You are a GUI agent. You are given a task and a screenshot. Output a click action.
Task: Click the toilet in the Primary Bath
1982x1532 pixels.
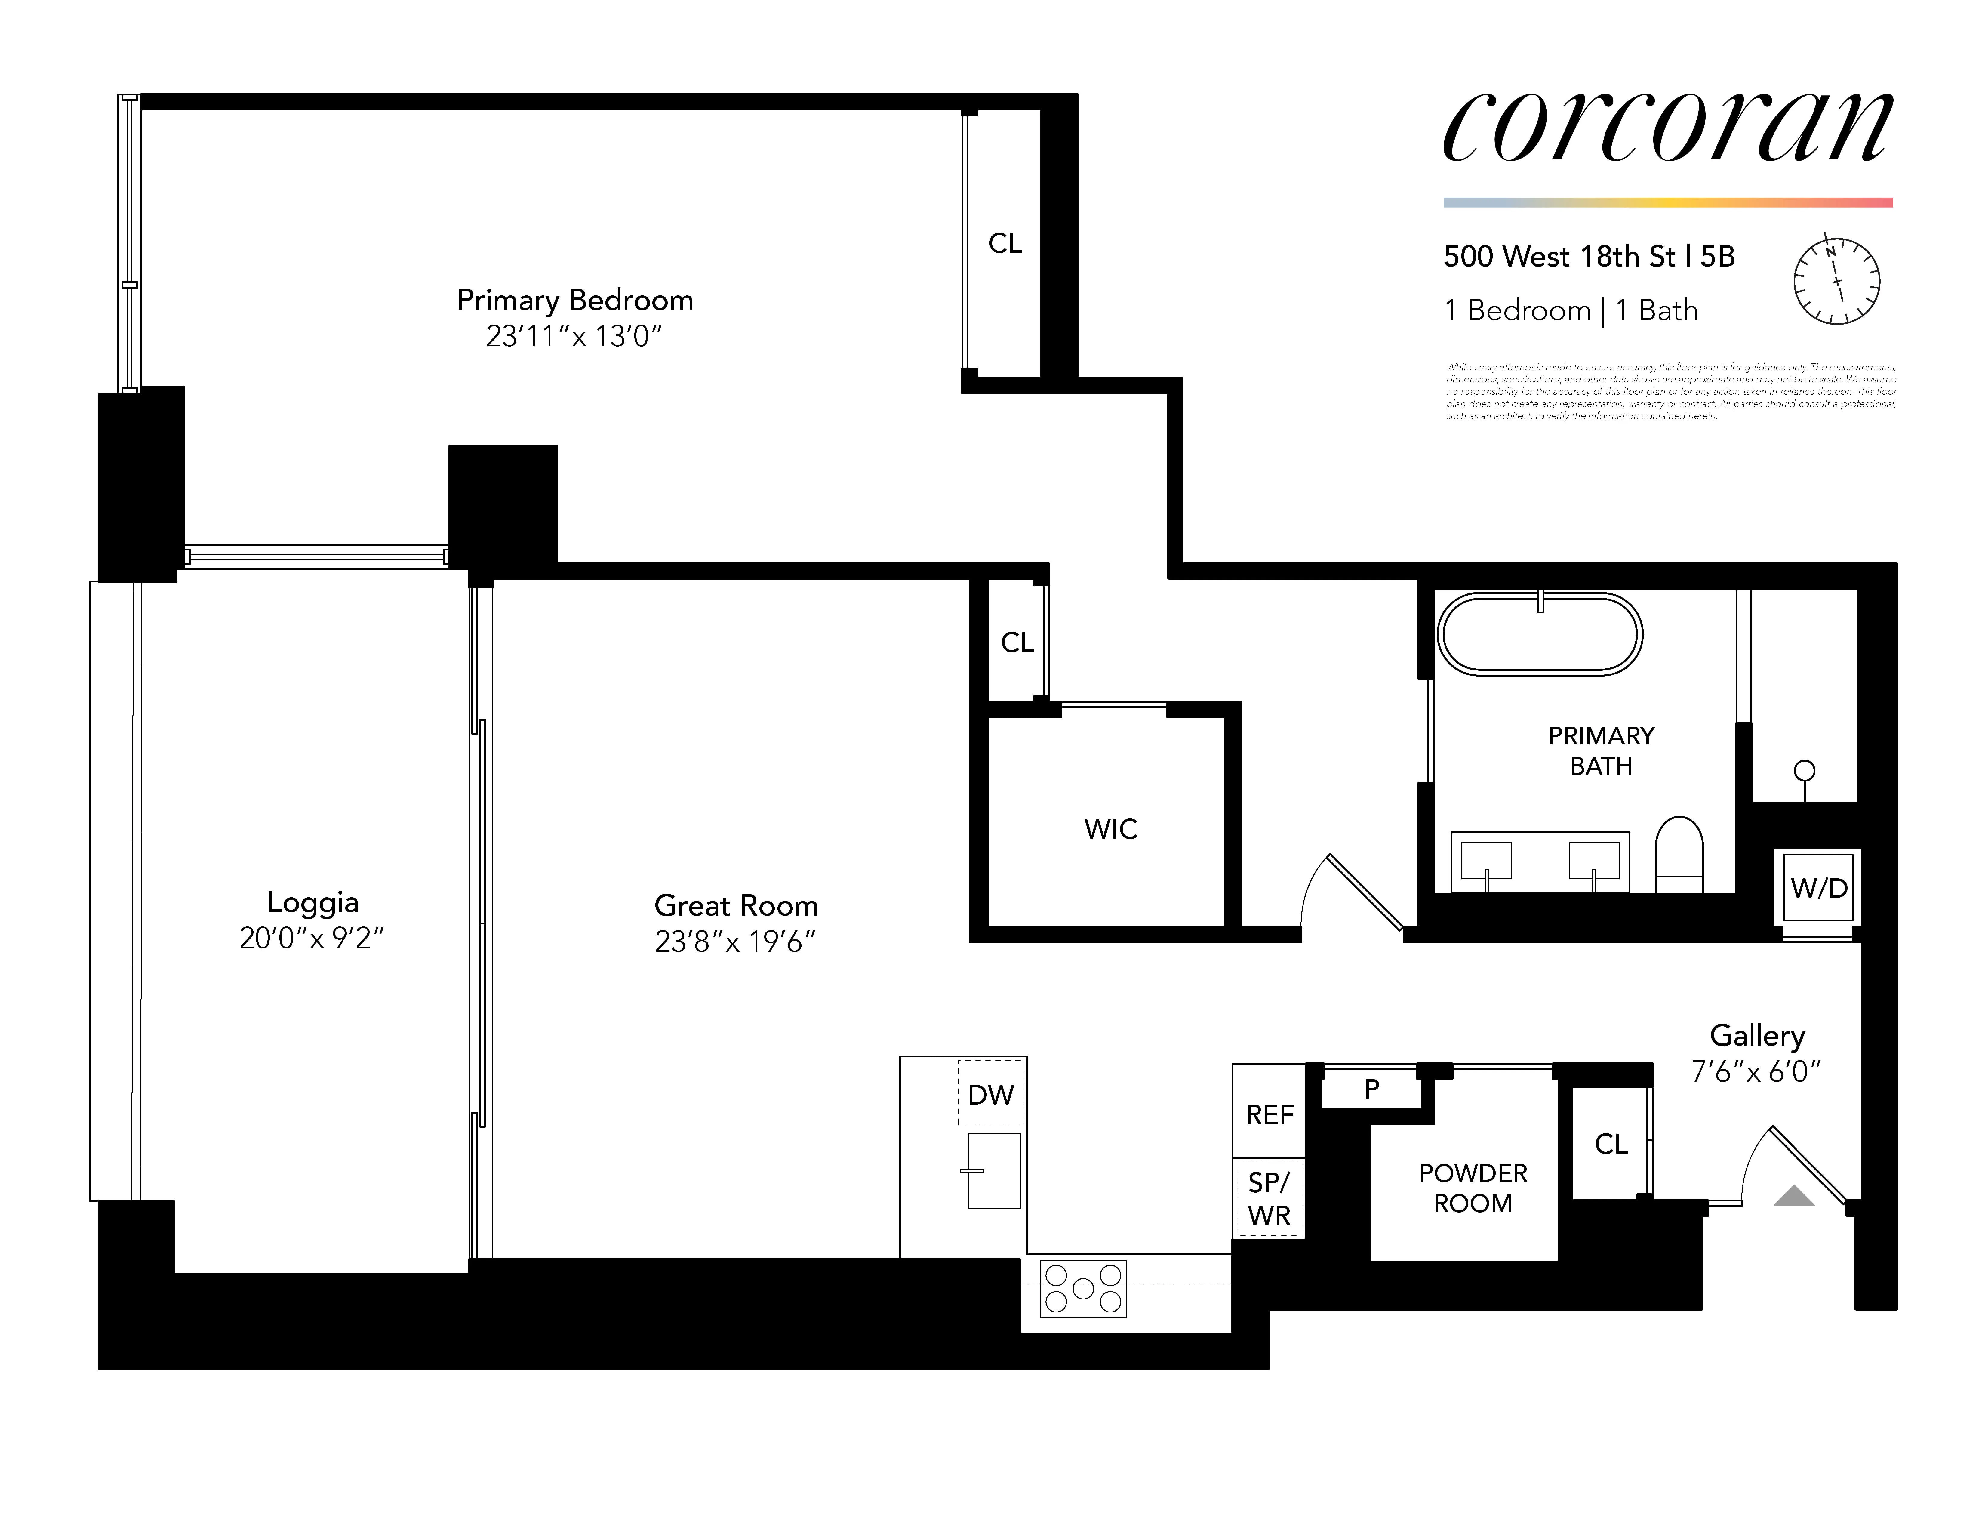(1679, 853)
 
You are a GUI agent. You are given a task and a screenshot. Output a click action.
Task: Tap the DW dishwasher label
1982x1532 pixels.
(990, 1095)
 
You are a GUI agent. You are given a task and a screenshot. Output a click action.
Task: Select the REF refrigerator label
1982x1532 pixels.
(1269, 1114)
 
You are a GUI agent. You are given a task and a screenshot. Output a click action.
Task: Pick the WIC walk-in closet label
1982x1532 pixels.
(1110, 829)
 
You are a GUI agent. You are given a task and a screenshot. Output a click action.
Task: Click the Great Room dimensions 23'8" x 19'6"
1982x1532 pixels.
(735, 942)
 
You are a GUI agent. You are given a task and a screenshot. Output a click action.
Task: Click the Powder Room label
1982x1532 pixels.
(1472, 1188)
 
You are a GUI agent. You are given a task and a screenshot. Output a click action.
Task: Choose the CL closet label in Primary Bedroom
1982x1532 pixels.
(1005, 243)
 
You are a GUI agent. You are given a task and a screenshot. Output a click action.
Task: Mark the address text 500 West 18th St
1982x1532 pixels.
(1559, 257)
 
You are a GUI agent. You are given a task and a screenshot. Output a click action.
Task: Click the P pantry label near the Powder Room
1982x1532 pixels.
(1371, 1088)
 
